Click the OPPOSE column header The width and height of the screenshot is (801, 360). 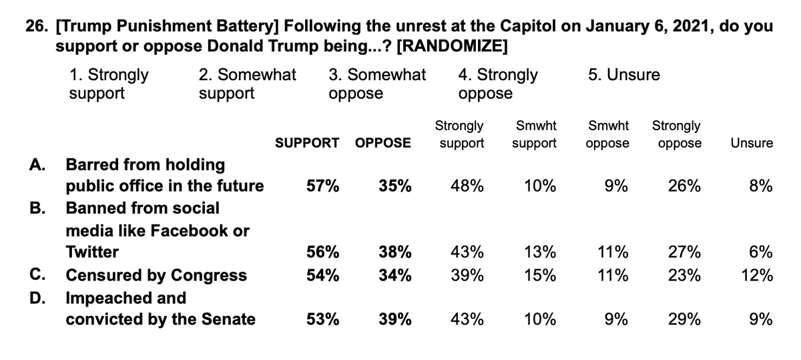coord(383,143)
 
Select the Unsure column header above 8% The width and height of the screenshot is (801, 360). coord(751,143)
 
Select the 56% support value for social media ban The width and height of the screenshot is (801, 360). coord(322,252)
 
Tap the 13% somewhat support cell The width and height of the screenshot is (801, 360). coord(539,252)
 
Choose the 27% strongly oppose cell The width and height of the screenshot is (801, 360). coord(684,252)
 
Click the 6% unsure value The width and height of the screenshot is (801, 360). coord(760,252)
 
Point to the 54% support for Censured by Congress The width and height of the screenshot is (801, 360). coord(322,275)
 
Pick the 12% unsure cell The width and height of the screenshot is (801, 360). coord(757,275)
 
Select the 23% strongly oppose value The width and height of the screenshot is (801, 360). coord(684,275)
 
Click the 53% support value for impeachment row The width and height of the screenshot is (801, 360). coord(322,319)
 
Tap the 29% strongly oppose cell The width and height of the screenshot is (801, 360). coord(684,319)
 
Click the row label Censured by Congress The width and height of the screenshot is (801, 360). coord(156,275)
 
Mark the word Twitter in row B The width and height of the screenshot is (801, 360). coord(91,252)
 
